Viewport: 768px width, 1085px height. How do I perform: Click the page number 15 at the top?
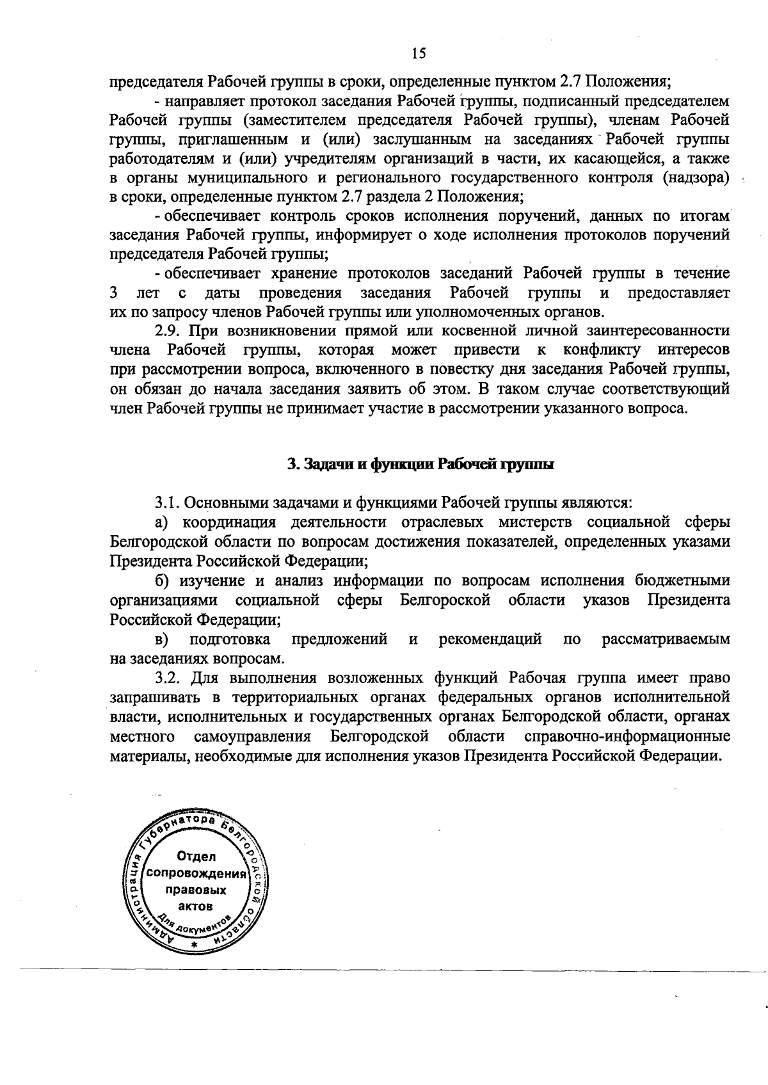(x=419, y=53)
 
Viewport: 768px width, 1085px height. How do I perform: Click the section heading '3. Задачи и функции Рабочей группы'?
(x=420, y=464)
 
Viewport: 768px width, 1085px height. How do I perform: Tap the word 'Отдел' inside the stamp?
(x=195, y=856)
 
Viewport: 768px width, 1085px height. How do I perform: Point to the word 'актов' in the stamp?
(x=195, y=906)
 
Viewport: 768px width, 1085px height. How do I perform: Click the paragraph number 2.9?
(x=168, y=330)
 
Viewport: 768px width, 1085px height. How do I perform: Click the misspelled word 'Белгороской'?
(x=445, y=600)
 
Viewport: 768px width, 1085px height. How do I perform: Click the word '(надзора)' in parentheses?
(x=696, y=178)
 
